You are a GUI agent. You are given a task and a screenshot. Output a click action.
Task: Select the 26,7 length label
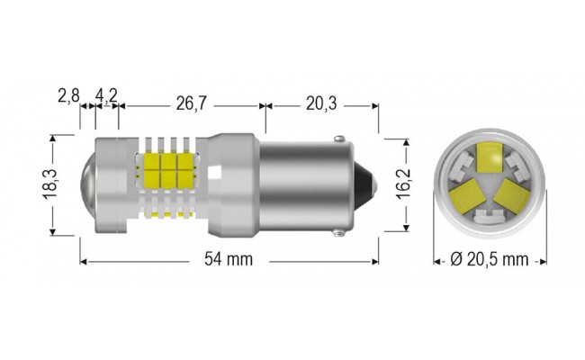191,104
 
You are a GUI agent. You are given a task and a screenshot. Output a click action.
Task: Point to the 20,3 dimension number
320,104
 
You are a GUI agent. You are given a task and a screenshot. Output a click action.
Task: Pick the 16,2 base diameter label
406,185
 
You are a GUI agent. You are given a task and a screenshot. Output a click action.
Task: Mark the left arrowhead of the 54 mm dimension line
84,261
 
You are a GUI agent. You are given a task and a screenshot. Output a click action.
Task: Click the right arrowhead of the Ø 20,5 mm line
543,261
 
